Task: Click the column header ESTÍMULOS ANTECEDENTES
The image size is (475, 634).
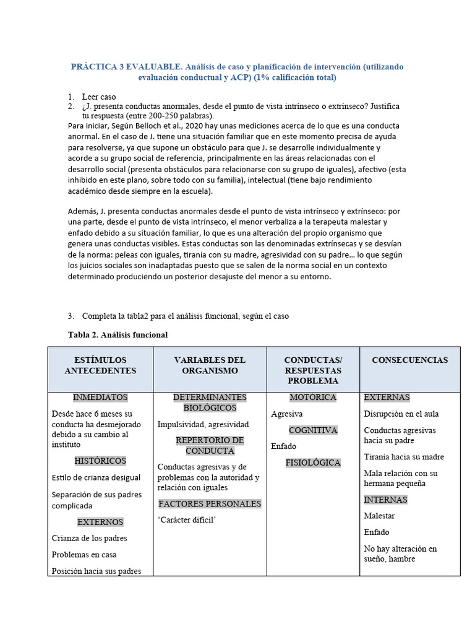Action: pos(100,365)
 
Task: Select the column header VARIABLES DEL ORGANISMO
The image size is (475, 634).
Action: pos(210,365)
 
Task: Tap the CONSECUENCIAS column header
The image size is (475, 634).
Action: pos(409,360)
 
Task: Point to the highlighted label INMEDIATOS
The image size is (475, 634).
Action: pos(100,397)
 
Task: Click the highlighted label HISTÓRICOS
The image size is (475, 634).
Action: pos(100,461)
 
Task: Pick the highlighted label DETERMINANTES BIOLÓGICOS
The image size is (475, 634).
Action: pos(210,402)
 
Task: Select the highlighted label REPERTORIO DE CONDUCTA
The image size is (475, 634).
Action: pos(210,445)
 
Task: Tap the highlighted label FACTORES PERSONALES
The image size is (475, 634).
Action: pos(210,504)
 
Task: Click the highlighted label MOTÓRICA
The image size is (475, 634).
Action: pos(313,397)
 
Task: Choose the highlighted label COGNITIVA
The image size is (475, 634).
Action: pos(313,430)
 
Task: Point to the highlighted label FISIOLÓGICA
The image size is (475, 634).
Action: pos(313,462)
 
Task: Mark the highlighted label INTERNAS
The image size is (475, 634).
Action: pos(385,500)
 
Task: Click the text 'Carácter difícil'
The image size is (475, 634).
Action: pos(187,520)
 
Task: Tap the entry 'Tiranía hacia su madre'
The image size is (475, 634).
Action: pos(404,457)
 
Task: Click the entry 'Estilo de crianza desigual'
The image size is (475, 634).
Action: pos(96,477)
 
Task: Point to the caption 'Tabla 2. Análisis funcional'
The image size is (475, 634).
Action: pos(118,335)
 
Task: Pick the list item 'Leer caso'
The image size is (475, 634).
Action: pos(99,97)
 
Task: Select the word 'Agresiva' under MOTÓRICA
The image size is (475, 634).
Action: pos(287,414)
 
